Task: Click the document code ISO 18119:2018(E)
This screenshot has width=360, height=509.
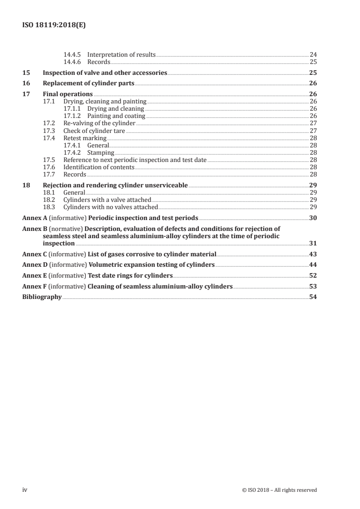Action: pos(54,25)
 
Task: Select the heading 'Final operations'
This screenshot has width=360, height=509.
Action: pos(67,94)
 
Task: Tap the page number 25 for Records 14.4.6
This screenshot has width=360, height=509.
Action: pos(313,62)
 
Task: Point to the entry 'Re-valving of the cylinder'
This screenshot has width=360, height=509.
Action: pos(99,123)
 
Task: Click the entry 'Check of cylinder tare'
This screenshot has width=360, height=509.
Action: pos(94,131)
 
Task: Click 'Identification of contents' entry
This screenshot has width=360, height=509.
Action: pos(99,167)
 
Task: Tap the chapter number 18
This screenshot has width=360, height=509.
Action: pos(26,185)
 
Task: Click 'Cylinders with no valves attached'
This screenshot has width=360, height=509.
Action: pos(110,207)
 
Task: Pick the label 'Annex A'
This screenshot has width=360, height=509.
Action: pos(35,218)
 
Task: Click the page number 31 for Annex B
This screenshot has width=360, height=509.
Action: pos(313,244)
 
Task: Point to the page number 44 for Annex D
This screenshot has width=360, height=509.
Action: pos(313,265)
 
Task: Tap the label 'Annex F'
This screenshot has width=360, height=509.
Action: pos(35,287)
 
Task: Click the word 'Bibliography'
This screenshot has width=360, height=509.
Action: pos(42,297)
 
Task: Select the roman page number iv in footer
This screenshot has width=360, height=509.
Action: pos(25,490)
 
